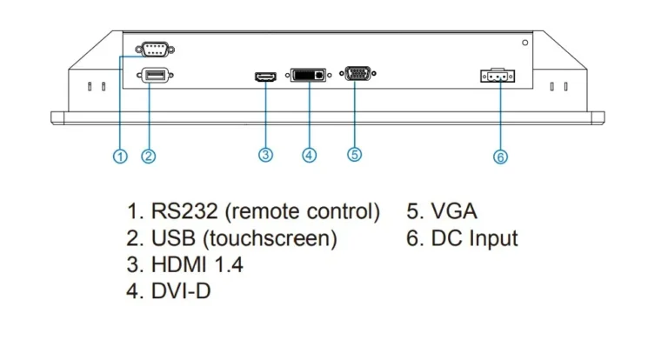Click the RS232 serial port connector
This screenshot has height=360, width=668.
[x=155, y=50]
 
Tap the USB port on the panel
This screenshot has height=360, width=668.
[x=155, y=76]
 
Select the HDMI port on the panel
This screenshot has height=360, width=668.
[x=265, y=77]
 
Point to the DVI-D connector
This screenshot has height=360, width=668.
[x=309, y=75]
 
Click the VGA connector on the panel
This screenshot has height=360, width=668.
[x=357, y=73]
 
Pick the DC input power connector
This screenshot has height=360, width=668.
[x=498, y=76]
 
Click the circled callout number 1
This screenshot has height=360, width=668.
[x=120, y=157]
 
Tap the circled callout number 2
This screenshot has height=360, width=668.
[x=148, y=156]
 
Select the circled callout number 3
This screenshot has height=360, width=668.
[x=265, y=155]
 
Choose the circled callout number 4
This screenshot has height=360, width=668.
[x=310, y=155]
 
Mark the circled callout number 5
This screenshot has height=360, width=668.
[x=355, y=154]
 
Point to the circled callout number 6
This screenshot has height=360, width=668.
[x=501, y=157]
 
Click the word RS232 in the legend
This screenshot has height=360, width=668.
[x=184, y=211]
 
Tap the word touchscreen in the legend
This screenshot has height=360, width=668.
[x=270, y=238]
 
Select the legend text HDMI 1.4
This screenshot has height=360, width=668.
[x=197, y=264]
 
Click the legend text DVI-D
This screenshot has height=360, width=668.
[x=181, y=291]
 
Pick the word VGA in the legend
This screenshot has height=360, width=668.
[x=454, y=211]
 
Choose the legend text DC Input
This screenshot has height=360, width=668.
[x=475, y=238]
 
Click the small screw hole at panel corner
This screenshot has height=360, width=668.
[x=524, y=43]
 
